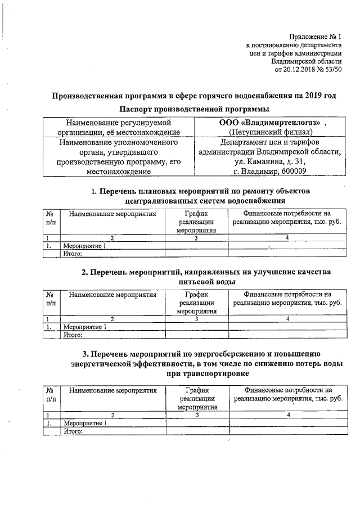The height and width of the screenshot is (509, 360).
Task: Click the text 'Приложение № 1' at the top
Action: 314,35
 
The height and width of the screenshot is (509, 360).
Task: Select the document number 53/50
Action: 332,69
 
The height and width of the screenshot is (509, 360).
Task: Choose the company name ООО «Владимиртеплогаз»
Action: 269,122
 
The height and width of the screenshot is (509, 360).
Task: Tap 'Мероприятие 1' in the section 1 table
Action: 85,246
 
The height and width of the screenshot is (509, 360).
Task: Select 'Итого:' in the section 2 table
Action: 73,335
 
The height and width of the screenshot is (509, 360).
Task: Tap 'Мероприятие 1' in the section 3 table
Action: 85,423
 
